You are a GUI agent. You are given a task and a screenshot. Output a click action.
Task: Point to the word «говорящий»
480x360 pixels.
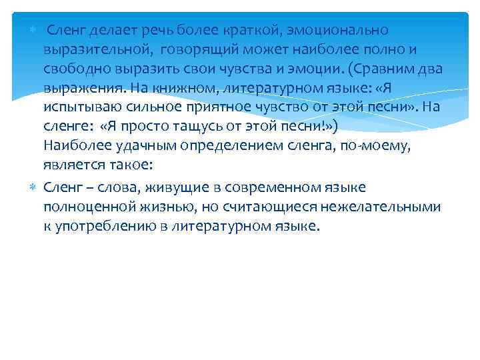point(204,50)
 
